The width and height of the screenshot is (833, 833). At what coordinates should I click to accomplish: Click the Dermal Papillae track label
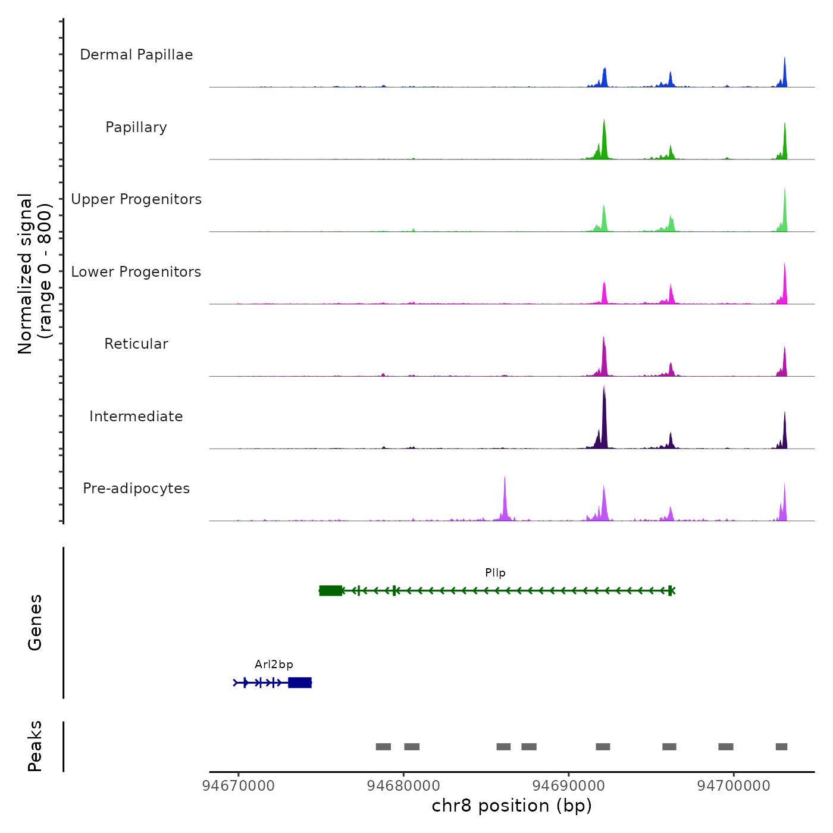coord(136,55)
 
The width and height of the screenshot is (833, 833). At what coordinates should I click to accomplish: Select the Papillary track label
coord(136,127)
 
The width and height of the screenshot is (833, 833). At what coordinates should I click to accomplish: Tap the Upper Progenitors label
coord(136,199)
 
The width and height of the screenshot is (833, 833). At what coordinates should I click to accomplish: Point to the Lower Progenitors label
coord(136,272)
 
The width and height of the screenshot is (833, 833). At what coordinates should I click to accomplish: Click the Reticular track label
coord(136,344)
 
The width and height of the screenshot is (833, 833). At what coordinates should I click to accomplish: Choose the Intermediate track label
coord(136,416)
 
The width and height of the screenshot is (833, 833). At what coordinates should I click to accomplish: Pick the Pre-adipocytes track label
coord(136,488)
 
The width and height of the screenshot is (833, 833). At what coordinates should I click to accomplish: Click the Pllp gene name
coord(495,573)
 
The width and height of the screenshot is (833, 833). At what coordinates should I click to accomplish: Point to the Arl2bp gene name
coord(274,665)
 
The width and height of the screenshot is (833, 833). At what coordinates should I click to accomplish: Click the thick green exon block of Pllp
coord(331,590)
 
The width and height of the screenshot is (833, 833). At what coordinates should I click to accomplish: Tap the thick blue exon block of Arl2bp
coord(300,682)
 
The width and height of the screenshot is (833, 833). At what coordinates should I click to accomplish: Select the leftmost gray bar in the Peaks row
coord(383,747)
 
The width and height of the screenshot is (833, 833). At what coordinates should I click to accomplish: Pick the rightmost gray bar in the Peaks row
coord(781,747)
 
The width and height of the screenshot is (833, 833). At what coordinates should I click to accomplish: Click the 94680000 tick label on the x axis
coord(403,786)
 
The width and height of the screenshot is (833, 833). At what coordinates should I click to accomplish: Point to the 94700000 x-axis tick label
coord(734,786)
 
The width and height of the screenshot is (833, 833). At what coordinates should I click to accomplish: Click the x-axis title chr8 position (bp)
coord(512,806)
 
